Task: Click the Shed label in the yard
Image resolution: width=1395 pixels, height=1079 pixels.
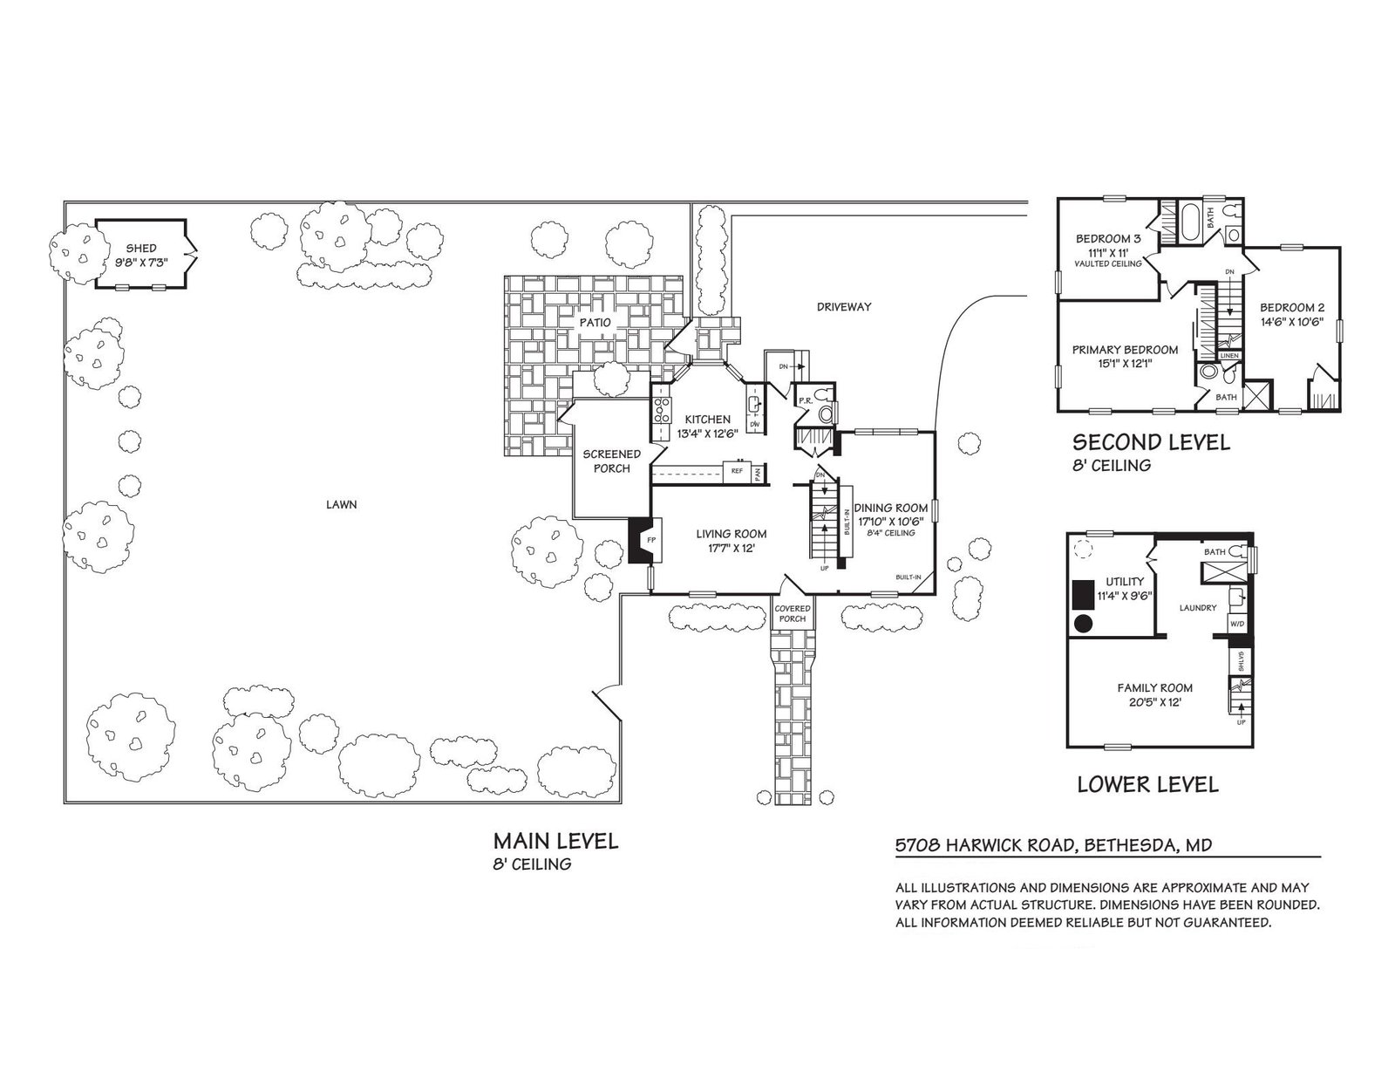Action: [140, 249]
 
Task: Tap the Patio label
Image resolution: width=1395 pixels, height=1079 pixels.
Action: [595, 323]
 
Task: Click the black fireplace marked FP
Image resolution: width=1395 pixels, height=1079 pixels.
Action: [641, 541]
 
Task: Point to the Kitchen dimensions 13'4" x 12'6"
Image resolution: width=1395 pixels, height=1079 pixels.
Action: [707, 434]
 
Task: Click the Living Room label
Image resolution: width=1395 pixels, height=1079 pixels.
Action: [731, 534]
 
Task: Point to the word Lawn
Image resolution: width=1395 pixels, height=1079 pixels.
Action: [341, 504]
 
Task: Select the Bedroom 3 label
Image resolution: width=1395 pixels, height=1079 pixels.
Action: [1107, 238]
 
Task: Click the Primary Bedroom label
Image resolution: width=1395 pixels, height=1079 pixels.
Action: [1125, 350]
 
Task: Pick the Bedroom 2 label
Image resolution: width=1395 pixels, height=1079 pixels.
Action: [1292, 307]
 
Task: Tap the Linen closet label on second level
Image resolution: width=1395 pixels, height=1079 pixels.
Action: [1229, 356]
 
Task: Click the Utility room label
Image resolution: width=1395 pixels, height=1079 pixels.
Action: [1125, 581]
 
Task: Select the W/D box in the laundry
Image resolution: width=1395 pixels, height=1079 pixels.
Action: [1236, 625]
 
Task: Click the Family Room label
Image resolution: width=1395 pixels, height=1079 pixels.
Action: [1155, 687]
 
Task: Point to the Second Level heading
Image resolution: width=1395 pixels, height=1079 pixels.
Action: [1151, 442]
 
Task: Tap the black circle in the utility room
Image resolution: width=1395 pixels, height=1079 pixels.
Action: [1082, 623]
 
